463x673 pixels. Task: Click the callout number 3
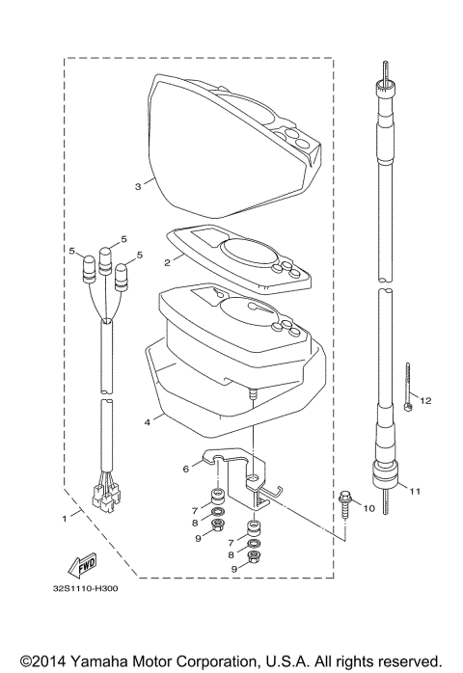(x=138, y=187)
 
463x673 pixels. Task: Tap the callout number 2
(x=168, y=262)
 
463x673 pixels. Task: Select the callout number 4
(x=148, y=422)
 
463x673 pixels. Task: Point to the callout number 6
(x=186, y=470)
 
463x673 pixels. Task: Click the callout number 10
(x=369, y=509)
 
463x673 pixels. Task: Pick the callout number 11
(x=415, y=492)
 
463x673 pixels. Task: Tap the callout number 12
(x=425, y=401)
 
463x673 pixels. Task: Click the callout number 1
(x=65, y=519)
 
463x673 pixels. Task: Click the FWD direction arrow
(x=82, y=566)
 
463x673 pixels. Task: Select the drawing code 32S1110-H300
(x=86, y=588)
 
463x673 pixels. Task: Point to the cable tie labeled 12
(x=408, y=387)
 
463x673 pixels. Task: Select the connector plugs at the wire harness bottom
(x=105, y=497)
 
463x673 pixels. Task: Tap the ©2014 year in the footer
(x=43, y=661)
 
